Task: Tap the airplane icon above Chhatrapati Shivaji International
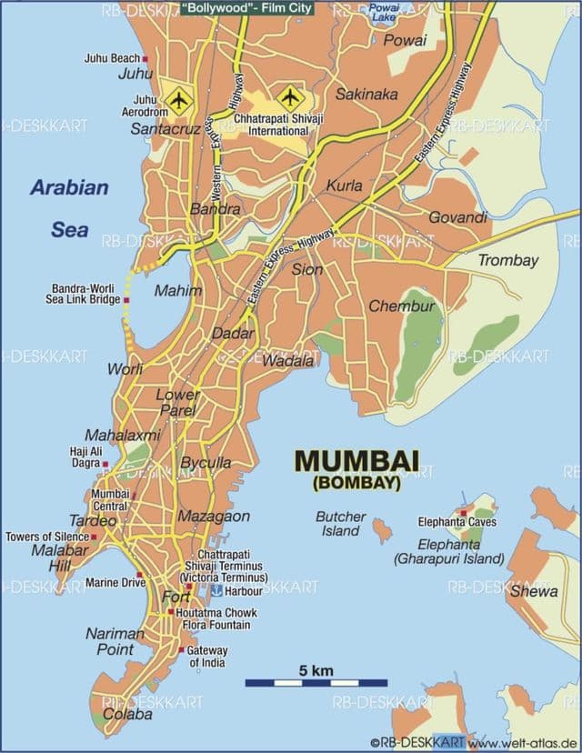pyautogui.click(x=290, y=95)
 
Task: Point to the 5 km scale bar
pyautogui.click(x=316, y=681)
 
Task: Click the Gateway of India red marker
pyautogui.click(x=182, y=650)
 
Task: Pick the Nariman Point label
pyautogui.click(x=115, y=641)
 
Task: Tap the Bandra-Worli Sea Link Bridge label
pyautogui.click(x=84, y=294)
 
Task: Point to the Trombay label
pyautogui.click(x=508, y=260)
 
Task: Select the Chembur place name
pyautogui.click(x=401, y=306)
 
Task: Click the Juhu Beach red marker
pyautogui.click(x=145, y=58)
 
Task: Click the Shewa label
pyautogui.click(x=534, y=591)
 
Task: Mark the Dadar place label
pyautogui.click(x=233, y=334)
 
